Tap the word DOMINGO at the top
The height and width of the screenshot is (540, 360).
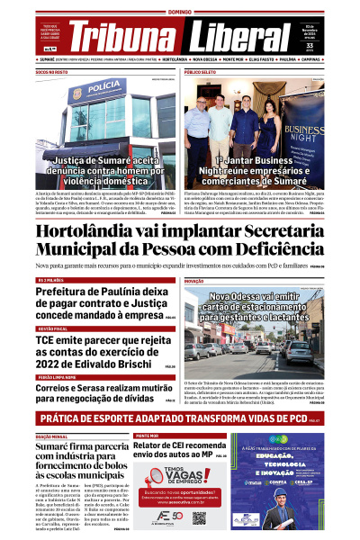pos(180,12)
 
